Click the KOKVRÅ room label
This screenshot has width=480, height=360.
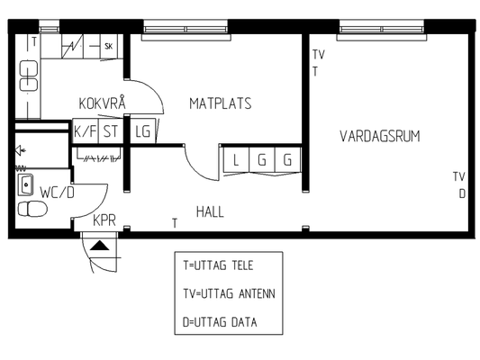coord(103,103)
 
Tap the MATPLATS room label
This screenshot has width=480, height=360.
coord(221,103)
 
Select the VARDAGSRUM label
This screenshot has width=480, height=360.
coord(380,136)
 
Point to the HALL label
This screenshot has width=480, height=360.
coord(210,211)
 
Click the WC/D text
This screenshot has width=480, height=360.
coord(58,193)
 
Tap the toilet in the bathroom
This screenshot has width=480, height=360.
coord(32,209)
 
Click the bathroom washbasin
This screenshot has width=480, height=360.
coord(26,184)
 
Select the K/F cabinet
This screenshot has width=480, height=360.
coord(85,131)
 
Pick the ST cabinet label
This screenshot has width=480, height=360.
coord(111,131)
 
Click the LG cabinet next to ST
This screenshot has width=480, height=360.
coord(142,131)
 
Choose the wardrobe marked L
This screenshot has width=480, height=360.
coord(236,160)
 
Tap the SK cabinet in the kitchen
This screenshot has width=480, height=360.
coord(109,46)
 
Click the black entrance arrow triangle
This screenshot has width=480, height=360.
coord(99,246)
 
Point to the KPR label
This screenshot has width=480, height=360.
coord(104,220)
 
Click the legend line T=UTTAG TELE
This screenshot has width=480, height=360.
coord(218,265)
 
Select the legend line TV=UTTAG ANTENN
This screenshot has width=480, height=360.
coord(230,293)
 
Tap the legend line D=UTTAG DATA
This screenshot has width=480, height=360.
coord(220,322)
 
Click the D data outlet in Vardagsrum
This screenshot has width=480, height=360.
coord(462,193)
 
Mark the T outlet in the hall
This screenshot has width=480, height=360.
coord(175,223)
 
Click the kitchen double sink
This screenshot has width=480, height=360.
coord(29,76)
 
